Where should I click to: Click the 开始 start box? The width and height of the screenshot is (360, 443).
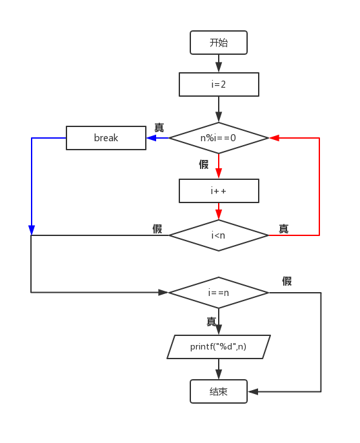click(x=219, y=43)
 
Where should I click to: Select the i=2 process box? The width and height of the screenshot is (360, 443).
click(x=219, y=84)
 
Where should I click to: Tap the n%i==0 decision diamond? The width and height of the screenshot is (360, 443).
click(x=219, y=137)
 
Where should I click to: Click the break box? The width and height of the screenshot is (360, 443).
click(x=106, y=137)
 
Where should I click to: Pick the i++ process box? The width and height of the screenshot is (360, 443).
click(x=219, y=190)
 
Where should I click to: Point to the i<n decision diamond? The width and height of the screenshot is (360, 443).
click(x=219, y=235)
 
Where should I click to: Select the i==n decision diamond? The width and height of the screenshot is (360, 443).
click(x=219, y=292)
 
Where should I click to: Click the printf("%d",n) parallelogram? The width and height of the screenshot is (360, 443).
click(x=219, y=346)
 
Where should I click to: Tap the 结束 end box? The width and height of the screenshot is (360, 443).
click(x=219, y=391)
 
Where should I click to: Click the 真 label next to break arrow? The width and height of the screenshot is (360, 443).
click(x=159, y=128)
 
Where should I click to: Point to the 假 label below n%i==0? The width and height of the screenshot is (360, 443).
click(x=204, y=164)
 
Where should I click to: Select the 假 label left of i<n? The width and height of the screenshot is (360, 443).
click(x=157, y=229)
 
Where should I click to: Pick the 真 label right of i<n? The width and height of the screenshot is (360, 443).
click(x=283, y=229)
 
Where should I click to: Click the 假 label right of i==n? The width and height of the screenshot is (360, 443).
click(x=287, y=281)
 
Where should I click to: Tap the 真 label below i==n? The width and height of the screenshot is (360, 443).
click(x=211, y=321)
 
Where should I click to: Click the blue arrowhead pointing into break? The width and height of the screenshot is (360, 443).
click(x=151, y=137)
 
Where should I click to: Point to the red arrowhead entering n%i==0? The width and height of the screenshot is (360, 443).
click(x=274, y=137)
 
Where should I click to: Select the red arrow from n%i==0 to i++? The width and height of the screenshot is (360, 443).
click(x=219, y=165)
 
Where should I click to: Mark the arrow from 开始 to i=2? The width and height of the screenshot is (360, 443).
click(x=219, y=63)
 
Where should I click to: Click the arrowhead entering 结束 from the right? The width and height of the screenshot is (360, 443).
click(x=253, y=391)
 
